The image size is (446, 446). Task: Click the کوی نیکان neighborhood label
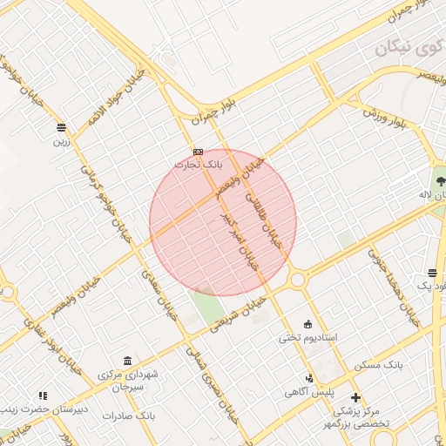pyautogui.click(x=403, y=49)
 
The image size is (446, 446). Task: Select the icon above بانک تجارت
pyautogui.click(x=199, y=151)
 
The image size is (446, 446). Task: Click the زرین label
pyautogui.click(x=61, y=139)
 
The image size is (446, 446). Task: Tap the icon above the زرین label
pyautogui.click(x=61, y=126)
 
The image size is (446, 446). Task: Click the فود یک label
pyautogui.click(x=433, y=286)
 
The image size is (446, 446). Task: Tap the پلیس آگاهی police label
pyautogui.click(x=308, y=392)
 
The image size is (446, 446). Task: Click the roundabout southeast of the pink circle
pyautogui.click(x=298, y=280)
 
